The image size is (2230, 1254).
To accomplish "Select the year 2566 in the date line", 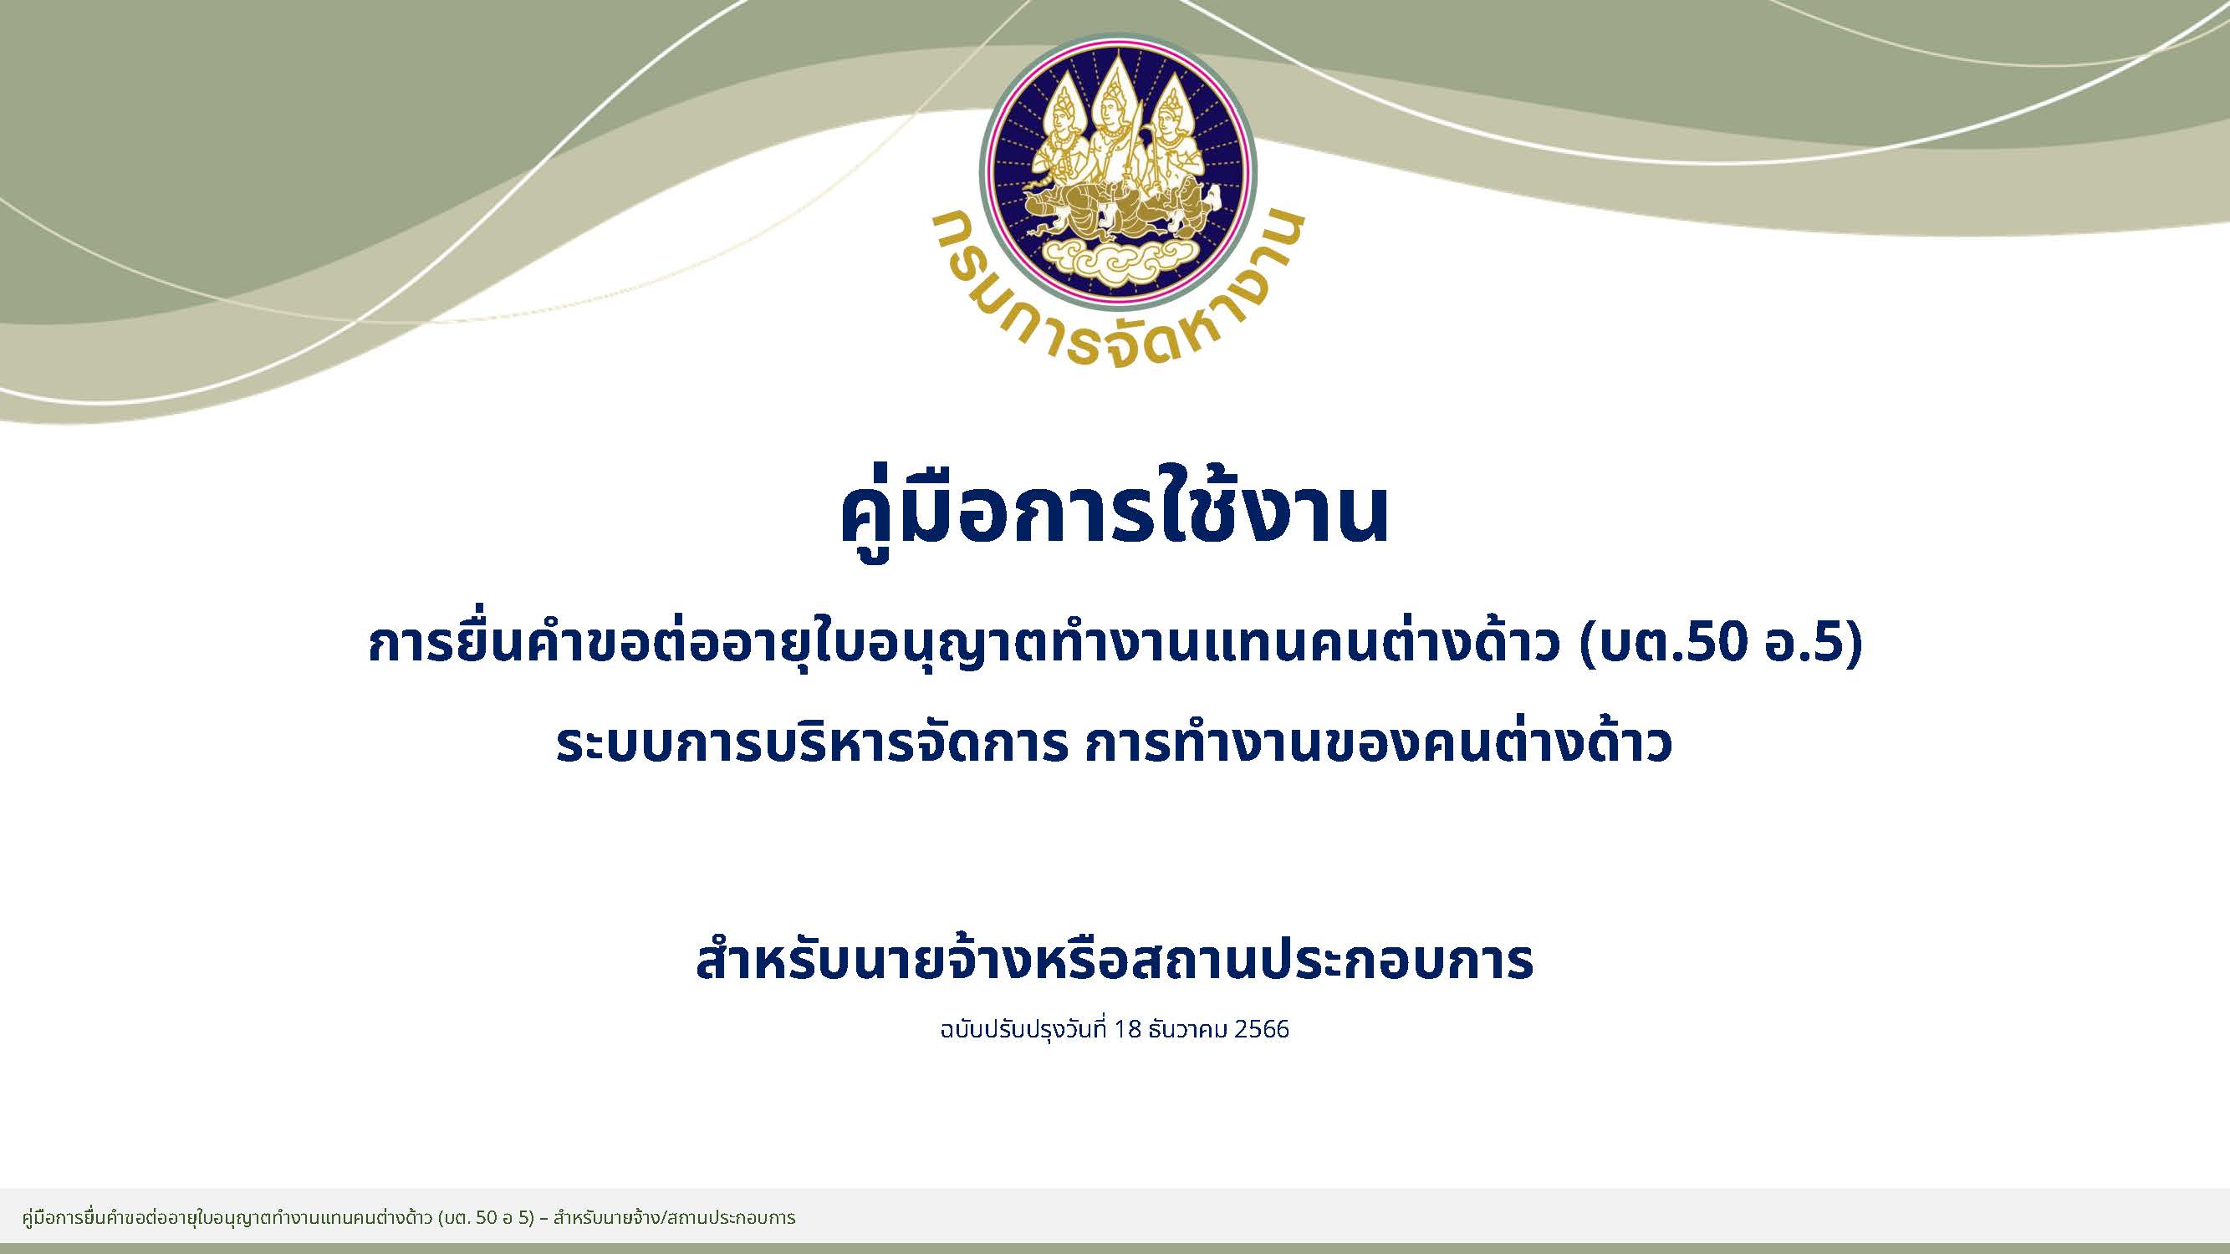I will (x=1263, y=1030).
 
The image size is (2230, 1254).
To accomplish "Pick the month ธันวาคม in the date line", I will (x=1190, y=1030).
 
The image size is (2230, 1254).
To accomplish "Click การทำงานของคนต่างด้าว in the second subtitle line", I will (x=1377, y=744).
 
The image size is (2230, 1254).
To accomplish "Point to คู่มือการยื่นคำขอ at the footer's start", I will (x=78, y=1219).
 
